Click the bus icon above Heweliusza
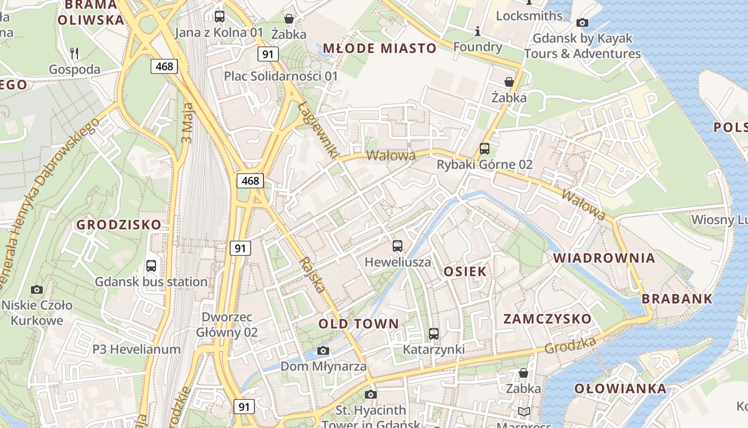[x=397, y=246]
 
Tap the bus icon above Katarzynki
[x=434, y=334]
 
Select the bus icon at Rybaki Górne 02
[x=485, y=149]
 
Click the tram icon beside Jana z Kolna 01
[x=219, y=16]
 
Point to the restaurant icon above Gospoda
[x=75, y=53]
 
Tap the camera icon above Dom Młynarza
[x=323, y=350]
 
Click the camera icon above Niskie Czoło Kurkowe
[x=37, y=289]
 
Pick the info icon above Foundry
[x=478, y=32]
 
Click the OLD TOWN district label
[x=359, y=324]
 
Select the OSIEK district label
[x=465, y=271]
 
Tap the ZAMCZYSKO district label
[x=548, y=319]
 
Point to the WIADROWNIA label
[x=604, y=258]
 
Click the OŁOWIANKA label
[x=620, y=388]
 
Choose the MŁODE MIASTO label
[x=380, y=48]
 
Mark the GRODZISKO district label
[x=119, y=225]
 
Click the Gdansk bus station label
[x=151, y=281]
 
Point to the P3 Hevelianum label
[x=137, y=349]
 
